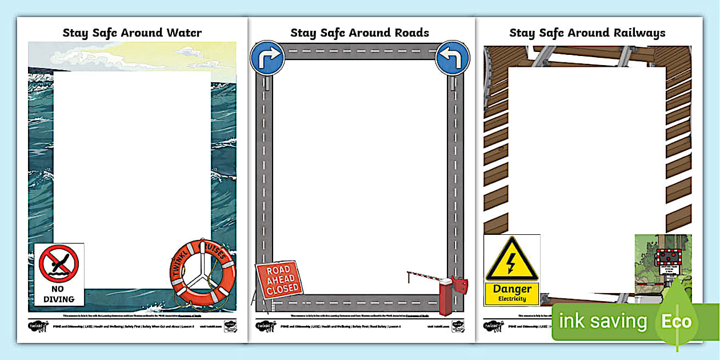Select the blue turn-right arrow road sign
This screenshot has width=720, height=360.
point(267,57)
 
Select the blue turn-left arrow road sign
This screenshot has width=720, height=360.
point(452,57)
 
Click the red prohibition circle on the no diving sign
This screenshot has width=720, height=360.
point(58,264)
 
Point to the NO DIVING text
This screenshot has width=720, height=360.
point(58,294)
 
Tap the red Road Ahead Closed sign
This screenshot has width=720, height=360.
point(279,280)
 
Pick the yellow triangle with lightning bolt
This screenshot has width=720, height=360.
point(511,261)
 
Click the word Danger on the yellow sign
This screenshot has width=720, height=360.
point(512,289)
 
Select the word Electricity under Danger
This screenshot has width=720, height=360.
point(512,299)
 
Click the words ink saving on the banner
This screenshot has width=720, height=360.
point(603,322)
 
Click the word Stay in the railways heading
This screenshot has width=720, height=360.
point(522,33)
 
